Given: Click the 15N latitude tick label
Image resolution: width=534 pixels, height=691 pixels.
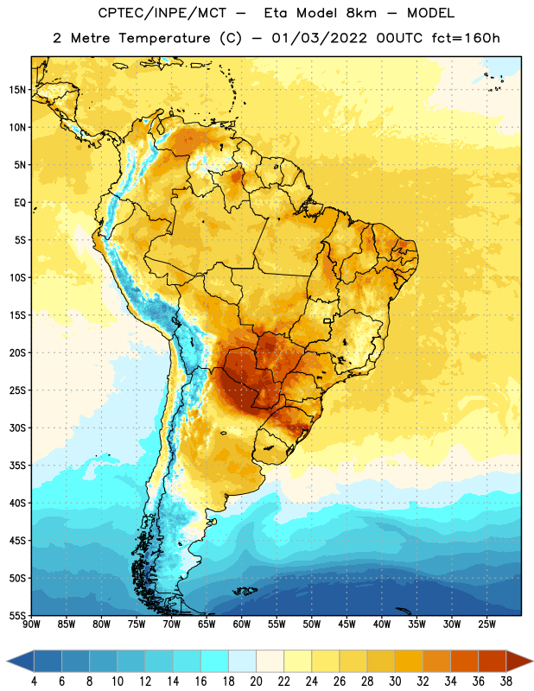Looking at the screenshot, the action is [17, 90].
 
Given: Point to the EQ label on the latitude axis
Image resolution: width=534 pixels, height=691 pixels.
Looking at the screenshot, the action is [20, 203].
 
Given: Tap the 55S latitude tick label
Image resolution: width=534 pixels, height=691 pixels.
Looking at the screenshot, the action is [17, 615].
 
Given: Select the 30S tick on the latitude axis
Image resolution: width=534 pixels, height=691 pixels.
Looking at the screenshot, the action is [17, 428].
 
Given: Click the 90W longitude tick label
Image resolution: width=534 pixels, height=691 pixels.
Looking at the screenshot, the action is [31, 624].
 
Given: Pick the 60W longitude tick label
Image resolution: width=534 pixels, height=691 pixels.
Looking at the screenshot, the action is [241, 624].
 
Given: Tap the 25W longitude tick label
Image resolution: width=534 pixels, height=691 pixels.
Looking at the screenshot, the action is [486, 624].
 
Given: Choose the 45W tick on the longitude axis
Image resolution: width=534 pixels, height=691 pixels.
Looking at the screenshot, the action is [346, 624].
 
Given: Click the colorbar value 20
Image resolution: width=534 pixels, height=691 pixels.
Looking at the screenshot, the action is [256, 681].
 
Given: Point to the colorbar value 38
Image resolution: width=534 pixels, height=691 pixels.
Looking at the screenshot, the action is [506, 681].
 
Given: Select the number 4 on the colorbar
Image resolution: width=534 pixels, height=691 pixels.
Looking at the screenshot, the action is [34, 681].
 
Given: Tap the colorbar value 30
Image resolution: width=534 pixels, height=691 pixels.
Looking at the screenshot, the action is [395, 681].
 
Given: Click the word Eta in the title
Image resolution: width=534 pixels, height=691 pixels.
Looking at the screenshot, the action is [276, 13].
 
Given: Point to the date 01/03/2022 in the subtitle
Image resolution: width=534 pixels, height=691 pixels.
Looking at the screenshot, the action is [319, 38].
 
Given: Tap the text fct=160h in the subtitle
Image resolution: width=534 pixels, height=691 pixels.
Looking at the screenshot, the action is [466, 38].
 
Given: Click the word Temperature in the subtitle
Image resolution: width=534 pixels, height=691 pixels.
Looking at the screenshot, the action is [164, 39].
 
